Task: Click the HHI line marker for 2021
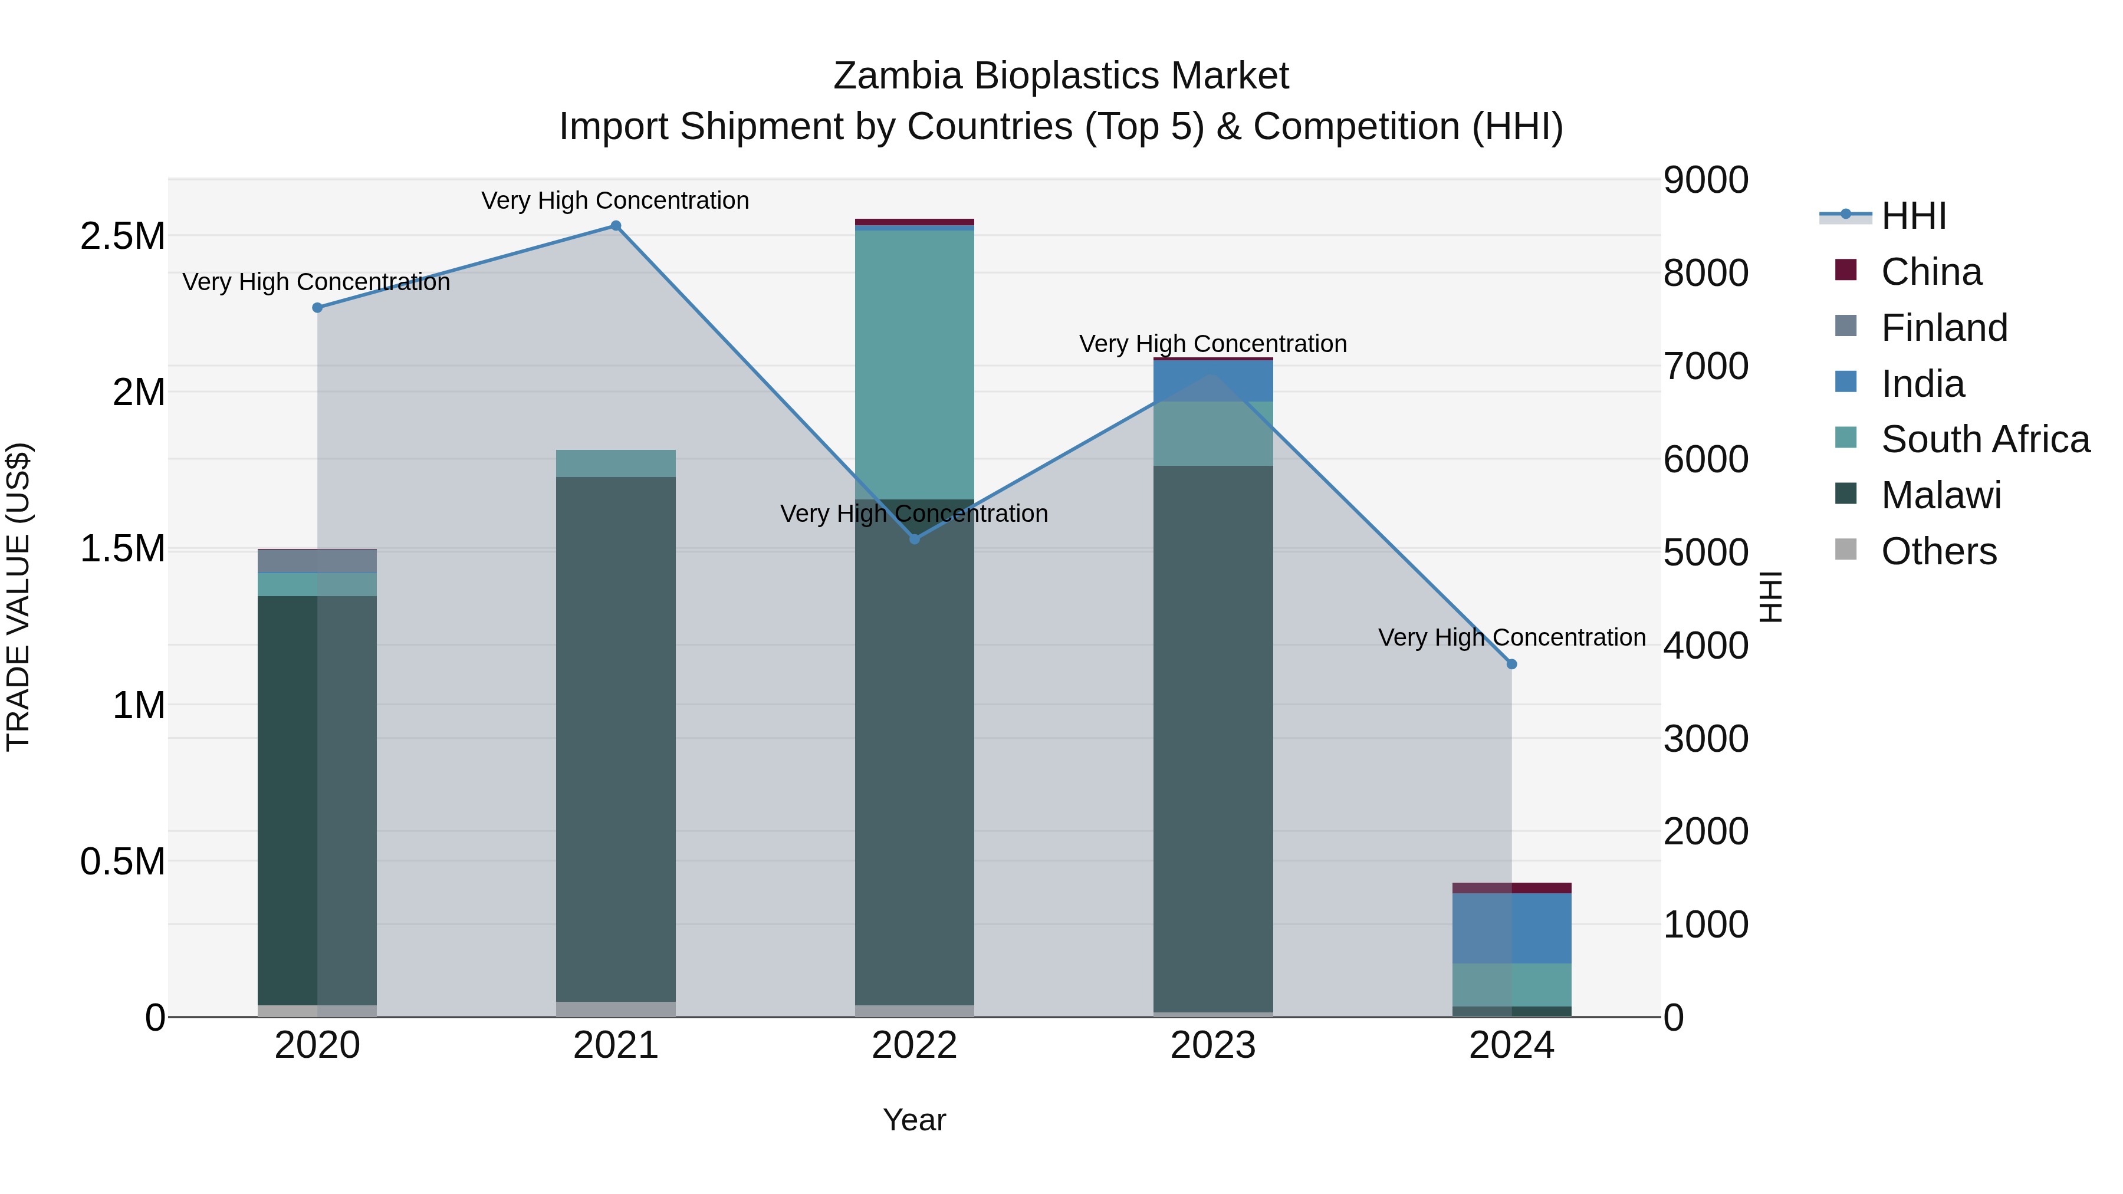click(x=616, y=226)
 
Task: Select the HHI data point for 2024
click(x=1511, y=664)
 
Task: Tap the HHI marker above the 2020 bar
click(x=317, y=307)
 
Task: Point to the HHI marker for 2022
click(x=914, y=539)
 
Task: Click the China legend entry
click(x=1931, y=272)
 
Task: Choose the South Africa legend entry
click(x=1984, y=439)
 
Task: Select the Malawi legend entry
click(x=1941, y=495)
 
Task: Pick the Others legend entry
click(x=1938, y=551)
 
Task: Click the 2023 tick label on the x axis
click(x=1212, y=1045)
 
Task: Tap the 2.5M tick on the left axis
click(x=122, y=236)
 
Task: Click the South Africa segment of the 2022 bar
click(x=914, y=363)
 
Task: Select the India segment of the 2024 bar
click(x=1511, y=928)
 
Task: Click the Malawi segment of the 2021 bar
click(x=616, y=738)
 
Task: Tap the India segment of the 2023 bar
click(x=1212, y=381)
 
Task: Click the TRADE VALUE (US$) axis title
click(x=18, y=597)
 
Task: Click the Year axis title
click(x=914, y=1120)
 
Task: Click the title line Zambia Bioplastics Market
click(x=1061, y=76)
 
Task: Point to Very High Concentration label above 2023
click(x=1212, y=344)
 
